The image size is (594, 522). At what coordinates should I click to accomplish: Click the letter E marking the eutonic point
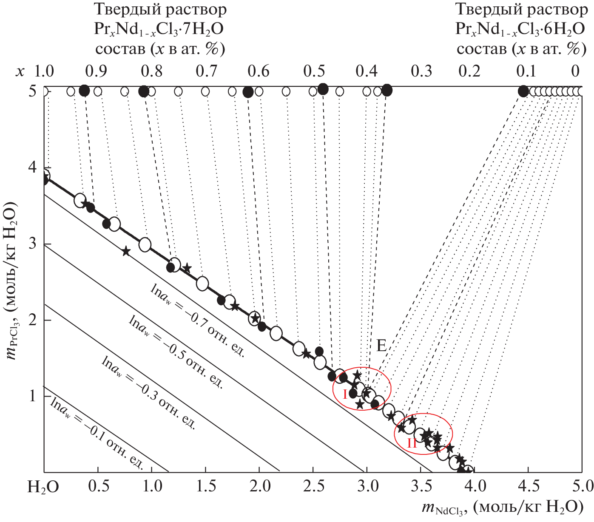(381, 346)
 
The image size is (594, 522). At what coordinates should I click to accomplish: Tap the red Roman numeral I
(345, 394)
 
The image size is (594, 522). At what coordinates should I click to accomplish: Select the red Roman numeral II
(412, 443)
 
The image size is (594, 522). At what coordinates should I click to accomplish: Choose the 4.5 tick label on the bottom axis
(529, 486)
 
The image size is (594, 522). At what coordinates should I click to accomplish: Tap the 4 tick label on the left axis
(32, 168)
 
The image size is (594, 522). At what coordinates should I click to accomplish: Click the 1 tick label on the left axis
(32, 396)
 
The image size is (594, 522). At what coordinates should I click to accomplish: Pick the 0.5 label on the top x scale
(314, 71)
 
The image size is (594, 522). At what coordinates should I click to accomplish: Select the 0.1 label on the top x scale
(526, 71)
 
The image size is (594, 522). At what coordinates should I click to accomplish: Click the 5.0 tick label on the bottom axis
(583, 486)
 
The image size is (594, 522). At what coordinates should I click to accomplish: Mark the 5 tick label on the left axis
(32, 91)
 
